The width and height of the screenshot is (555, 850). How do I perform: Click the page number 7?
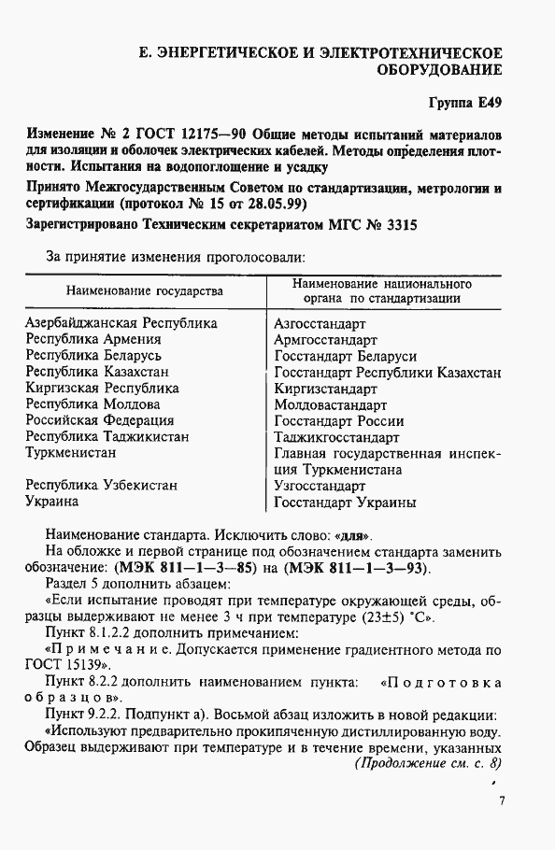(502, 800)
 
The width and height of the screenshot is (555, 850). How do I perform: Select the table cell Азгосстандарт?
(320, 323)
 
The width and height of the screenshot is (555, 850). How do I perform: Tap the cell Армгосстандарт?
(325, 339)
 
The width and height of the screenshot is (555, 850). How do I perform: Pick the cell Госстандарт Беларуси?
(346, 356)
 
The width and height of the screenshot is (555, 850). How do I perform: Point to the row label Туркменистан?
(71, 453)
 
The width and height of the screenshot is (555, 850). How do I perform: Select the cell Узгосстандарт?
(319, 486)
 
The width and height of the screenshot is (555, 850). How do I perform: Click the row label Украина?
(52, 502)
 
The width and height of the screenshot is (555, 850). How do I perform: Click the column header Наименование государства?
(145, 290)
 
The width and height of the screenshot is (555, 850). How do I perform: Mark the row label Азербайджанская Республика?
(121, 323)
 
